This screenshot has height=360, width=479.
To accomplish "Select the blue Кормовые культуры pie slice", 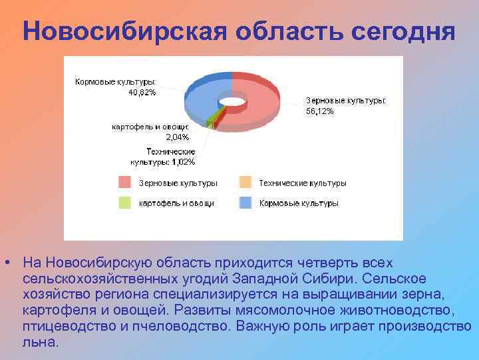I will pos(200,97).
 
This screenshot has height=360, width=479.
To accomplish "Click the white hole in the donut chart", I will pos(232,101).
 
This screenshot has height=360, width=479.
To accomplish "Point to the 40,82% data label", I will pos(142,93).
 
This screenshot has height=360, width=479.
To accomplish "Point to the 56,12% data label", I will pos(320,111).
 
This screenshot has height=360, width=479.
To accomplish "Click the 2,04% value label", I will pos(176,137).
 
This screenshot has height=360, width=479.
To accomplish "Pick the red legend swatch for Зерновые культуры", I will pos(125,183).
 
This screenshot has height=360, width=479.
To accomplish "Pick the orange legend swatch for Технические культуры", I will pos(245,183).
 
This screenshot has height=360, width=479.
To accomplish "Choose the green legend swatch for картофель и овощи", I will pos(125,203).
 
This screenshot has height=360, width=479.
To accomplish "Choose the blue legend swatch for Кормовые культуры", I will pos(245,203).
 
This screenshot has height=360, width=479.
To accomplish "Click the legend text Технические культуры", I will pos(303,183).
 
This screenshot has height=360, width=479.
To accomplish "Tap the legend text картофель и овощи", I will pos(176,203).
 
